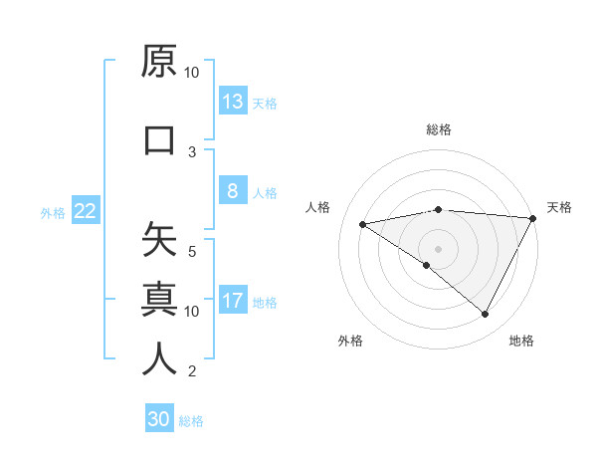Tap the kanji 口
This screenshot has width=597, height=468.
pyautogui.click(x=159, y=140)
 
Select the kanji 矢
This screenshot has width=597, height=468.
pyautogui.click(x=159, y=240)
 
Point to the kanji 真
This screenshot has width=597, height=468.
pyautogui.click(x=159, y=298)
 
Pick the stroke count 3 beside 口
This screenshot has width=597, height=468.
pyautogui.click(x=192, y=151)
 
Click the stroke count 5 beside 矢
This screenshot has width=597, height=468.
pyautogui.click(x=192, y=251)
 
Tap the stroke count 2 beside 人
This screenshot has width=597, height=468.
pyautogui.click(x=192, y=371)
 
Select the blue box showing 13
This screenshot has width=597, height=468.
pyautogui.click(x=233, y=101)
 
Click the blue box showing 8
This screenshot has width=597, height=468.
pyautogui.click(x=233, y=191)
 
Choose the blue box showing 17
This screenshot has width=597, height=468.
pyautogui.click(x=233, y=301)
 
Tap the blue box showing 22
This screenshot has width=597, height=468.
pyautogui.click(x=86, y=210)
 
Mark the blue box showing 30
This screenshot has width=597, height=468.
pyautogui.click(x=159, y=419)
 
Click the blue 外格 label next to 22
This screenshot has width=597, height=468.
pyautogui.click(x=53, y=212)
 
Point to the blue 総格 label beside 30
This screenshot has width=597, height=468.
pyautogui.click(x=191, y=421)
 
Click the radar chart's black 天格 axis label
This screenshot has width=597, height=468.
pyautogui.click(x=560, y=207)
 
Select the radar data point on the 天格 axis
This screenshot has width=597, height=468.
pyautogui.click(x=534, y=218)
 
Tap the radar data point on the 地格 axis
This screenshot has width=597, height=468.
pyautogui.click(x=486, y=315)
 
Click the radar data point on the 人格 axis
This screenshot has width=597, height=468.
pyautogui.click(x=363, y=224)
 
